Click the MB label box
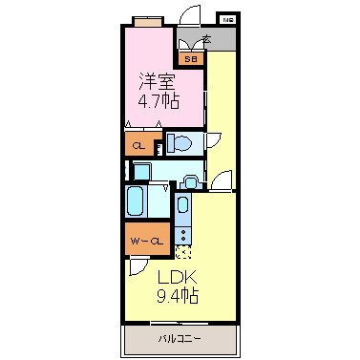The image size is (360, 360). click(x=228, y=18)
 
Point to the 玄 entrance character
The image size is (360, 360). click(x=205, y=40)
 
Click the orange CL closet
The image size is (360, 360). click(x=139, y=144)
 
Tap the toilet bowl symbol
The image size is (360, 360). click(x=180, y=143)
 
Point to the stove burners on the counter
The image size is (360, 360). click(x=183, y=232)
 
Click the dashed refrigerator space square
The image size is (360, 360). click(x=183, y=252)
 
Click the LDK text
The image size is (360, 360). click(x=176, y=278)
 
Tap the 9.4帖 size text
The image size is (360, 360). click(x=177, y=296)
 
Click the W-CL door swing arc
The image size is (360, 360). click(x=140, y=266)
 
